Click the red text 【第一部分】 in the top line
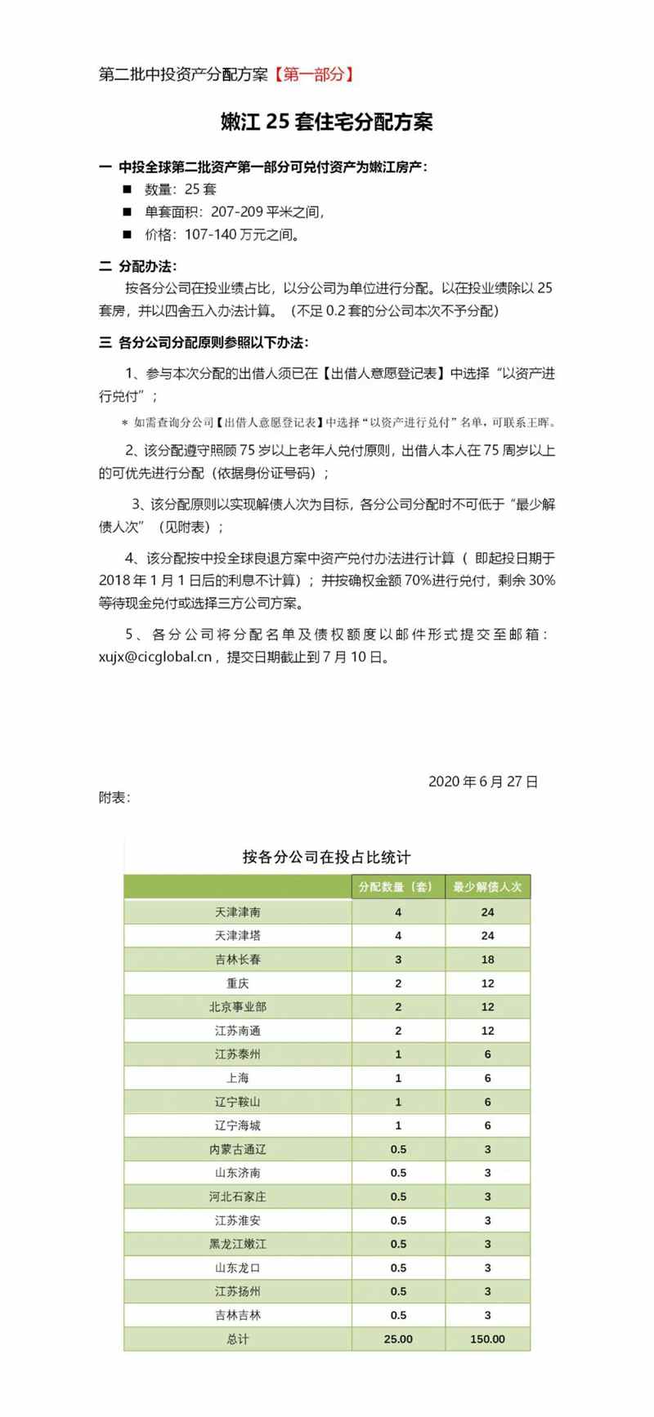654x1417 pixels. [314, 75]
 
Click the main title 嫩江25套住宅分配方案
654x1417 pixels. [327, 123]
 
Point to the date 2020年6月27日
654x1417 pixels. [483, 782]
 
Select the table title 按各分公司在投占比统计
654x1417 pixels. [327, 857]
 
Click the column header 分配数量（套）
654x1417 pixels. [398, 887]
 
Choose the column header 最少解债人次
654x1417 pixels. [487, 887]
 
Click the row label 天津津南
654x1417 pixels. [238, 911]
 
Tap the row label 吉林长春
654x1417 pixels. [238, 959]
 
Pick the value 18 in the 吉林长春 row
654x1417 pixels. [487, 959]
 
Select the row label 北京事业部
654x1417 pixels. [238, 1006]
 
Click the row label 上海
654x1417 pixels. [238, 1078]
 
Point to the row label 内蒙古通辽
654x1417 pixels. [238, 1149]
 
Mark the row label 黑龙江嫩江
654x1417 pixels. [238, 1244]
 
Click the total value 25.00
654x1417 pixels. [398, 1339]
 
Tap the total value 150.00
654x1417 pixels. [487, 1339]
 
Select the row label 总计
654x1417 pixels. [238, 1339]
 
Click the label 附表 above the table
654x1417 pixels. [114, 798]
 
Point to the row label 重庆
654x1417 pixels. [238, 983]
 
